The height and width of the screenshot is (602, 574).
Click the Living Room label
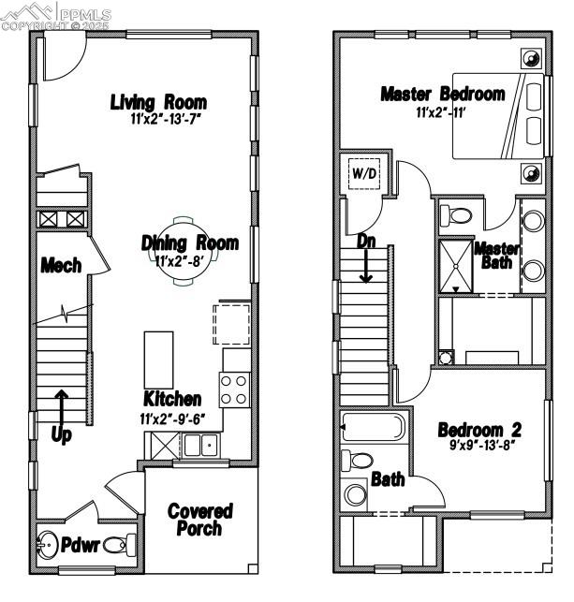[x=158, y=102]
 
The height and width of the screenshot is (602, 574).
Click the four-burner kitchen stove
[x=234, y=389]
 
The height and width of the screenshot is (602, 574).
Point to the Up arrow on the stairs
[x=60, y=409]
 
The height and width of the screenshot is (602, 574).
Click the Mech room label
[x=61, y=266]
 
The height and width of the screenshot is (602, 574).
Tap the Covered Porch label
[x=199, y=520]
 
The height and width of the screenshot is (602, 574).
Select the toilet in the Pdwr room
[x=117, y=544]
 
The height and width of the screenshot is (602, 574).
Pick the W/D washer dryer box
[x=363, y=173]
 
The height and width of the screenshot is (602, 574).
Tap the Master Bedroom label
[x=442, y=94]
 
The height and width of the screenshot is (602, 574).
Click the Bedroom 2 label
[x=479, y=431]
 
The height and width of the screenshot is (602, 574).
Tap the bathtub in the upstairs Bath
[x=373, y=429]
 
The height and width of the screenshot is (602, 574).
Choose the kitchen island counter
[x=159, y=359]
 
